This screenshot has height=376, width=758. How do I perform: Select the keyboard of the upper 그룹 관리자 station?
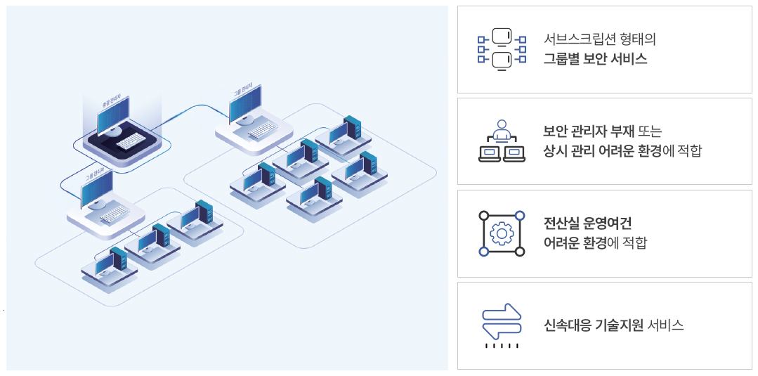pyautogui.click(x=263, y=128)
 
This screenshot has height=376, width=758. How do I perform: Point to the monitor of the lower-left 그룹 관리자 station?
pyautogui.click(x=97, y=189)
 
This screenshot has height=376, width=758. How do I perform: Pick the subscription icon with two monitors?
pyautogui.click(x=502, y=48)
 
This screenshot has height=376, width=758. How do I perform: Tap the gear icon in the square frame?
pyautogui.click(x=502, y=233)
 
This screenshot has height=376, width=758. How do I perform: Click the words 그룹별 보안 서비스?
pyautogui.click(x=595, y=59)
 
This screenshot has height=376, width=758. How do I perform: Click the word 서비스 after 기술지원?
pyautogui.click(x=665, y=325)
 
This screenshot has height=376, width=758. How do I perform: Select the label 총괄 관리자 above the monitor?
pyautogui.click(x=115, y=103)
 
